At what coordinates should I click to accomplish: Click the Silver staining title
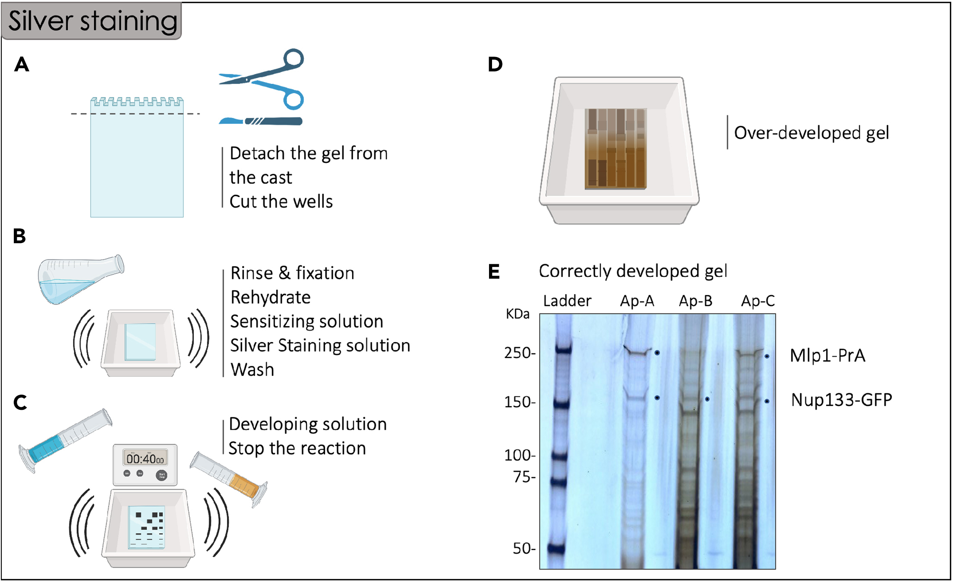point(92,21)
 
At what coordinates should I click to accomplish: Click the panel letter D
point(495,64)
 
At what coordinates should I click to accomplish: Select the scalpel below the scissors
point(261,121)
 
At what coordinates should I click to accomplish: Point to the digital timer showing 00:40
point(145,464)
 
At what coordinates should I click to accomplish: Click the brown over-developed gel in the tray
point(615,149)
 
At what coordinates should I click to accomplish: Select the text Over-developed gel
point(811,133)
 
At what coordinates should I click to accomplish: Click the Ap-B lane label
point(695,301)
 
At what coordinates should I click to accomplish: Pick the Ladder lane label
point(567,301)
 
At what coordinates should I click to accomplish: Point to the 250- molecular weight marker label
point(520,353)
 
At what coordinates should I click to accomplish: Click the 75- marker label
point(524,477)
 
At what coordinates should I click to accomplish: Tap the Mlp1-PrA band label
point(827,355)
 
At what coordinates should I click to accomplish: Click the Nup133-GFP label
point(841,399)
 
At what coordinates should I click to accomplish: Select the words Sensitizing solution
point(306,321)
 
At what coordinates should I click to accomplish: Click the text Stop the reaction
point(297,448)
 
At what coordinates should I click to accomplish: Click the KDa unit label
point(518,314)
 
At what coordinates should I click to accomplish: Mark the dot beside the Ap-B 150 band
point(707,399)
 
